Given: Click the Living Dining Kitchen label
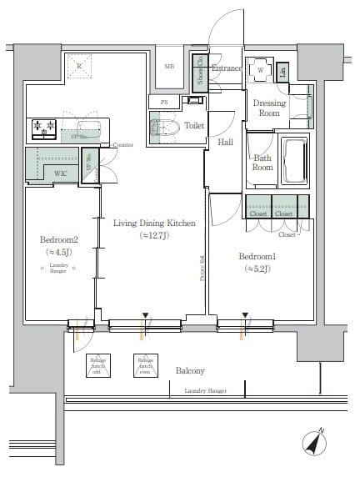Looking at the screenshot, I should [154, 223].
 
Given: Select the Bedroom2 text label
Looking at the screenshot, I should [52, 238].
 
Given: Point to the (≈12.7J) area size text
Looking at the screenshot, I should [154, 236].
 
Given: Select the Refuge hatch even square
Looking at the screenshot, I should [145, 364].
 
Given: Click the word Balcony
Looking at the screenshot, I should [190, 370].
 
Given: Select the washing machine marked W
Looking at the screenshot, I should [261, 71].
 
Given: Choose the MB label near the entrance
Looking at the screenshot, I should [169, 66].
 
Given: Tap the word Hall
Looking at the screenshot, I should [225, 143].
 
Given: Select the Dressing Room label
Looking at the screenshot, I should [268, 108].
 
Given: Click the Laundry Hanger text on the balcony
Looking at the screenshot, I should [205, 390].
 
